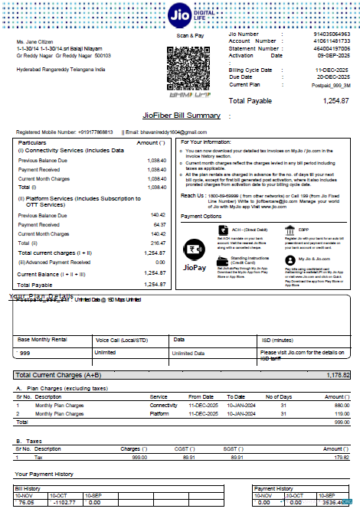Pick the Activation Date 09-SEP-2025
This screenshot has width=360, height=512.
tap(333, 55)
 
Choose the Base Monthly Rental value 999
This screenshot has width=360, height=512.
tap(25, 353)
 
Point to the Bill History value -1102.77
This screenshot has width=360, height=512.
tap(64, 503)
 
